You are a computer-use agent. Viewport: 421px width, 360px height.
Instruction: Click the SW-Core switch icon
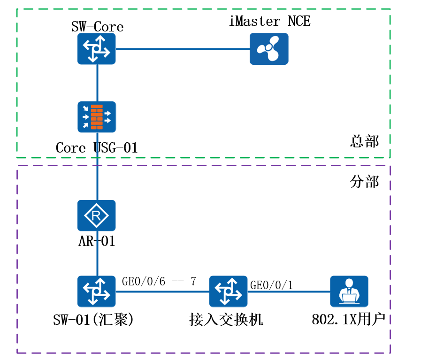pos(97,49)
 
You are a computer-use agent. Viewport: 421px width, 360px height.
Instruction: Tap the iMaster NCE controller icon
pos(269,49)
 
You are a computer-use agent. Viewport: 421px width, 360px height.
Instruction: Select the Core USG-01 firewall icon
pos(97,117)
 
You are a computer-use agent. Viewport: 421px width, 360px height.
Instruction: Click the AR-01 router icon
pos(97,216)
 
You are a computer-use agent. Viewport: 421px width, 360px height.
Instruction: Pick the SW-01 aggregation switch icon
pos(97,291)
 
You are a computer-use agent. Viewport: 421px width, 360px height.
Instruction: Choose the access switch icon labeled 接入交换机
pos(229,291)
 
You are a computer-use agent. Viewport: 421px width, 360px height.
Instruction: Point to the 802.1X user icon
pos(349,291)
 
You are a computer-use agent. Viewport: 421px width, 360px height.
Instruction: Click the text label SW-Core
pos(97,26)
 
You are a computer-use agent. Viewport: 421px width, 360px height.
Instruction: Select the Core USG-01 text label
pos(97,148)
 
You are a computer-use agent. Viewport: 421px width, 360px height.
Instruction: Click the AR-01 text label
pos(97,242)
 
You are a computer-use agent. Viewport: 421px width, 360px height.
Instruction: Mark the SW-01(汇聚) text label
pos(94,320)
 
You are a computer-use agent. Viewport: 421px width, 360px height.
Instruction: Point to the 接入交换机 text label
pos(226,320)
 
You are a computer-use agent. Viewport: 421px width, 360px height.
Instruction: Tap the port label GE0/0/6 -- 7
pos(159,282)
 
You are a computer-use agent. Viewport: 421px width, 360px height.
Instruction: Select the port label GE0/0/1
pos(272,285)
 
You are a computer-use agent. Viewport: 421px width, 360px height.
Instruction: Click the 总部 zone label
pos(364,141)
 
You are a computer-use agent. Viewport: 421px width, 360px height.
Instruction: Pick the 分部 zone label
pos(364,182)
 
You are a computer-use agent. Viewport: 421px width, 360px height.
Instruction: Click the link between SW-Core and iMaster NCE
pos(183,49)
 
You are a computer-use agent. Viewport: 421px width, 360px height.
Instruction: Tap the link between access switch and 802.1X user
pos(289,291)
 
